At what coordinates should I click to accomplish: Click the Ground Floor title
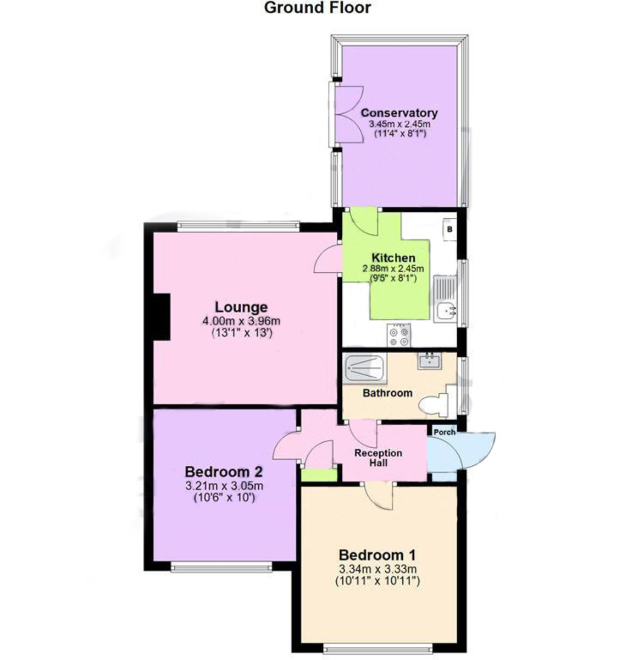pyautogui.click(x=317, y=8)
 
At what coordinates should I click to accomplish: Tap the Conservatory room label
pyautogui.click(x=399, y=113)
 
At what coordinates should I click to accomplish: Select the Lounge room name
pyautogui.click(x=241, y=307)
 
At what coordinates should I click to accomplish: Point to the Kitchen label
pyautogui.click(x=393, y=257)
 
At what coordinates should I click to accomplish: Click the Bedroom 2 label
pyautogui.click(x=223, y=472)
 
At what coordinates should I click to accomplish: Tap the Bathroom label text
pyautogui.click(x=387, y=393)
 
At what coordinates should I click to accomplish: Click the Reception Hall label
pyautogui.click(x=378, y=458)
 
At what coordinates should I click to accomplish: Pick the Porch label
pyautogui.click(x=444, y=432)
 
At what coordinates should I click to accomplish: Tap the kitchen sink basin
pyautogui.click(x=445, y=311)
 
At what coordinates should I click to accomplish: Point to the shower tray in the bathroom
pyautogui.click(x=364, y=368)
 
